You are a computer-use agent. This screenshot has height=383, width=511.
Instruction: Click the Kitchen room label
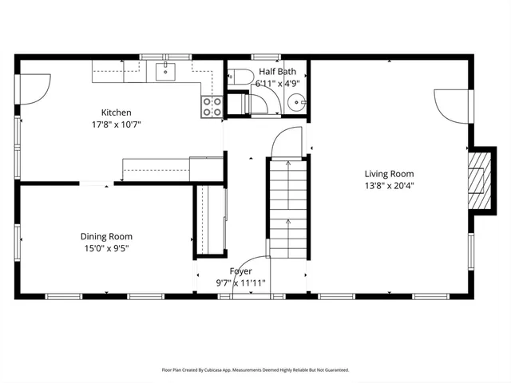click(x=116, y=113)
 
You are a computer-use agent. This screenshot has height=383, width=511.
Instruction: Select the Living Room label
click(x=390, y=174)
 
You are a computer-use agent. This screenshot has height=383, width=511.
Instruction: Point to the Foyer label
click(x=240, y=271)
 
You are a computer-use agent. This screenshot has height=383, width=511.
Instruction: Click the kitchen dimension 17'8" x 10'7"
click(x=116, y=124)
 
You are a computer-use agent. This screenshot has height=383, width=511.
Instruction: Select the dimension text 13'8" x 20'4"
click(x=390, y=185)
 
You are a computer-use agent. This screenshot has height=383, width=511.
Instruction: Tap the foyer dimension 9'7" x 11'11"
click(x=240, y=282)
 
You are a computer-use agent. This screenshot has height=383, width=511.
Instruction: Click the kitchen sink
click(x=167, y=72)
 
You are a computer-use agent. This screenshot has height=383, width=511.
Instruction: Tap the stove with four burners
click(x=212, y=107)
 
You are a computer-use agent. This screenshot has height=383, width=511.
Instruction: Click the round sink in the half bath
click(x=296, y=103)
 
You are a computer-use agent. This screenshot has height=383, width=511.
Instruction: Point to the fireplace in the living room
click(x=477, y=182)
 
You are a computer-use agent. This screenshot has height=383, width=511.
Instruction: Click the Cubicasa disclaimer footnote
click(x=255, y=370)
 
